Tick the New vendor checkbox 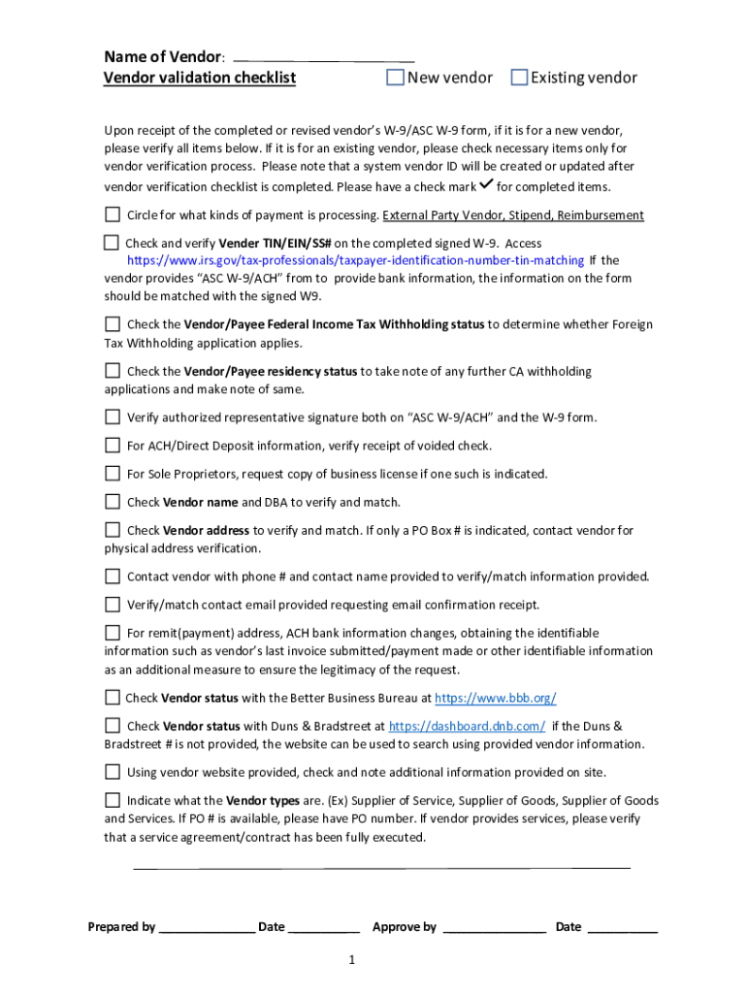tap(395, 78)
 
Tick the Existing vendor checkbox tap(518, 78)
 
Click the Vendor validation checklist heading tap(200, 78)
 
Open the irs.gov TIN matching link tap(356, 260)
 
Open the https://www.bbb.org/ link tap(495, 698)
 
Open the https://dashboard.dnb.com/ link tap(467, 726)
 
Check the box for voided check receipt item tap(113, 446)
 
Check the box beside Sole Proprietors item tap(113, 474)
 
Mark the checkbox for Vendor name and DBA tap(113, 502)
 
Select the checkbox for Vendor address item tap(113, 530)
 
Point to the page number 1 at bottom tap(354, 961)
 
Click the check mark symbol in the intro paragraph tap(486, 184)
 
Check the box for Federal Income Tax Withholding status tap(113, 324)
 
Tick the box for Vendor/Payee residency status tap(113, 371)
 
